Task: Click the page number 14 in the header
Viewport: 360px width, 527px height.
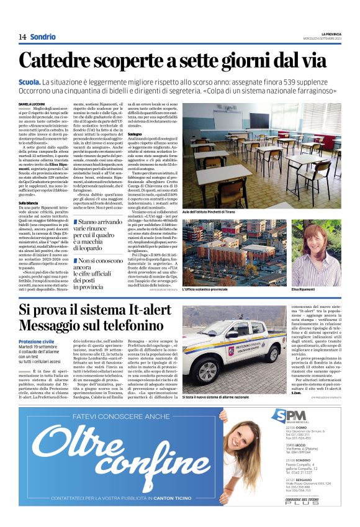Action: tap(22, 37)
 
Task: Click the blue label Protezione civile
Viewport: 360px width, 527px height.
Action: tap(37, 341)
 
